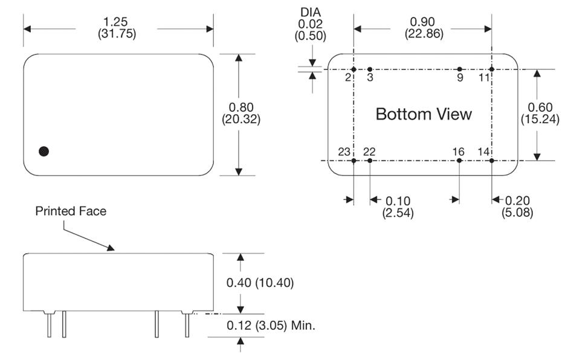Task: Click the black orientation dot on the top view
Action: click(44, 151)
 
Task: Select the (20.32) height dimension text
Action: click(240, 120)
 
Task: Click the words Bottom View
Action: click(424, 114)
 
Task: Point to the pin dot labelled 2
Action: click(354, 69)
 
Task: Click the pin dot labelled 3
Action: click(370, 69)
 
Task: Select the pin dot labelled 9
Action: click(460, 69)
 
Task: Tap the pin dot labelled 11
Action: click(492, 69)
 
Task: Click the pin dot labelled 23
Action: click(354, 161)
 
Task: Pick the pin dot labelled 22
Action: click(370, 161)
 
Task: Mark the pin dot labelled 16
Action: click(460, 161)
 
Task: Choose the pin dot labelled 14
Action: click(492, 161)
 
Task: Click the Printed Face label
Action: click(71, 211)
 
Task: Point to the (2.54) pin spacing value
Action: click(398, 213)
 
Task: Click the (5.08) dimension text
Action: click(517, 213)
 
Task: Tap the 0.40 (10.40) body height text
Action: click(260, 283)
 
